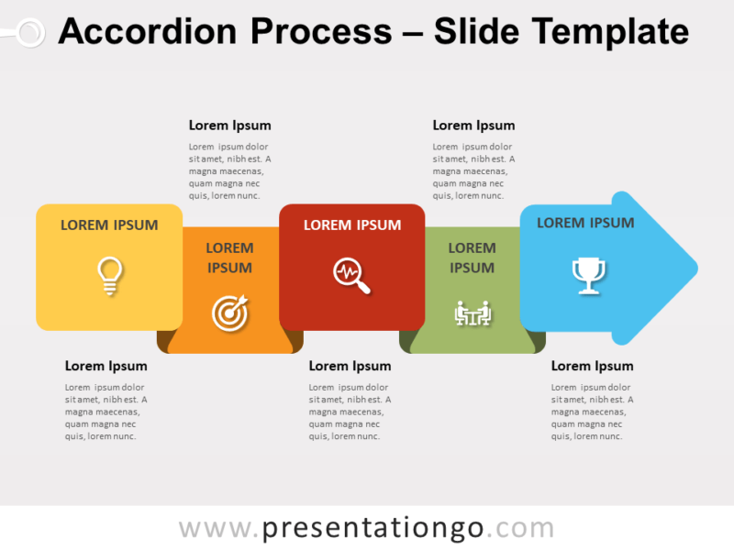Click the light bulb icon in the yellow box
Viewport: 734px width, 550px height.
109,275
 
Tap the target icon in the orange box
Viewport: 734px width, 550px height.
229,313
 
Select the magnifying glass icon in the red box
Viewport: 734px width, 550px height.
352,275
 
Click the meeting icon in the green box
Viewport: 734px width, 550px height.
473,313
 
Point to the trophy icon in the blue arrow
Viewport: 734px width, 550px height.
588,275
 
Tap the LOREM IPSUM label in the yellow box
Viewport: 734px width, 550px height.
109,225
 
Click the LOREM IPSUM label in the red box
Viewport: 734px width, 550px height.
352,225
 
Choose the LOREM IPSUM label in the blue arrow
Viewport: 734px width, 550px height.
585,223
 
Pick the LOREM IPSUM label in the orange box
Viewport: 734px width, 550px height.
229,258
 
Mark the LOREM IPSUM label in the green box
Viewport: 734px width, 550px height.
473,258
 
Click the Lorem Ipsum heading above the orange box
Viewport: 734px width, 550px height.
229,126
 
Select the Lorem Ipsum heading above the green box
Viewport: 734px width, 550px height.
473,126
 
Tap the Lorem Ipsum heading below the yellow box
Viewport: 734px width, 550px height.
106,366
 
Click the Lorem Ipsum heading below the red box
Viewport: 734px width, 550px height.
350,366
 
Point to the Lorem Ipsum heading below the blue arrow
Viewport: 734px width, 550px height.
592,366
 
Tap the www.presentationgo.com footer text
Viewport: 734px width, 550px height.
367,528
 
